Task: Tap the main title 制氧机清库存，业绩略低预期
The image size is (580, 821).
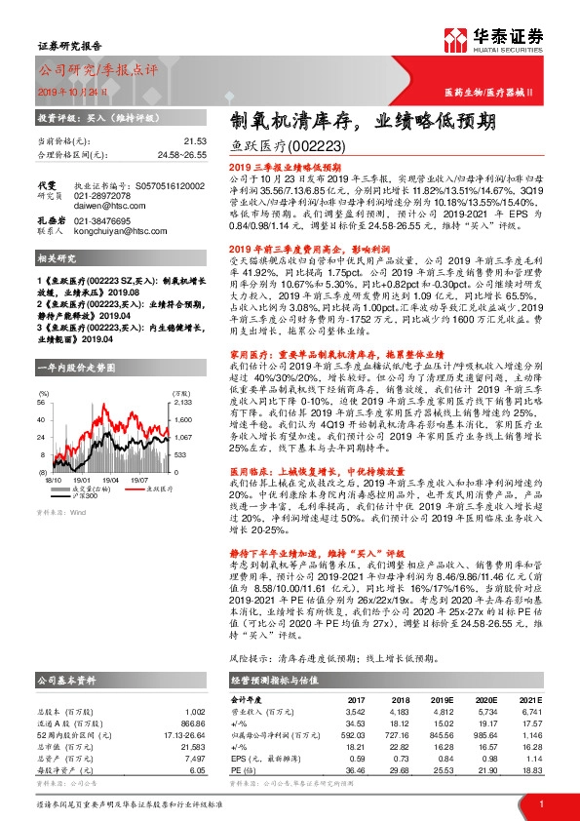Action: tap(363, 121)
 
